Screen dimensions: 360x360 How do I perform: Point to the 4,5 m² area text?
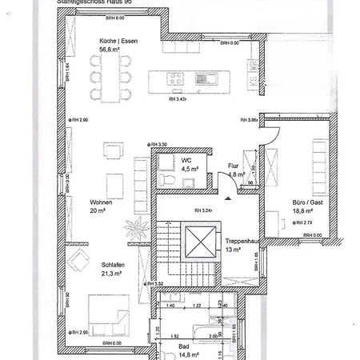(190, 169)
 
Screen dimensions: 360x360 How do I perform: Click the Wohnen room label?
(101, 202)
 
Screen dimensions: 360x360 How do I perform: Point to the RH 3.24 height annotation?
(202, 211)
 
